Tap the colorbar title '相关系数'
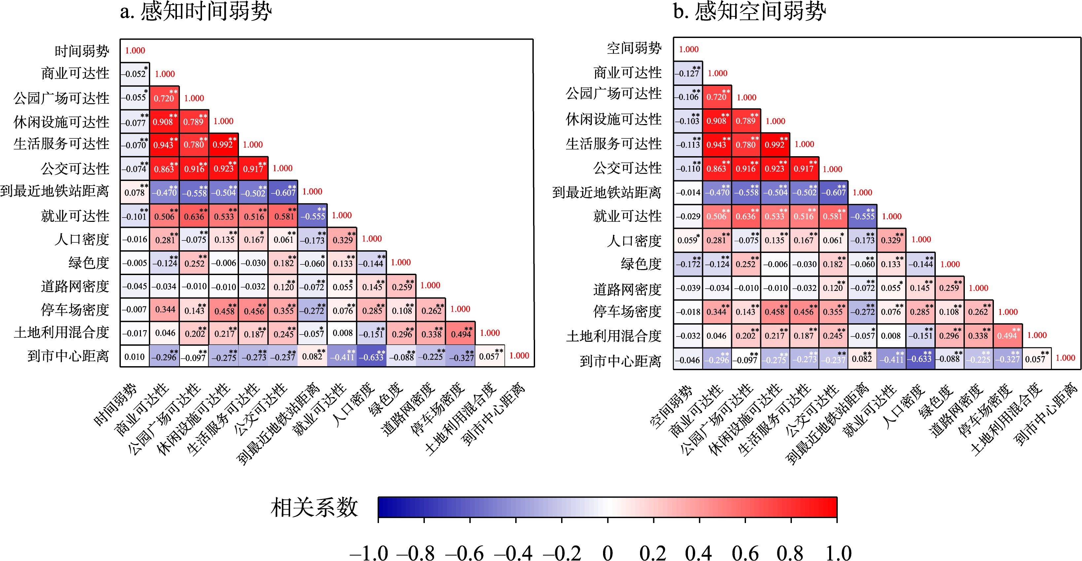pyautogui.click(x=314, y=508)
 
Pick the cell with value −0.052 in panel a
pyautogui.click(x=135, y=74)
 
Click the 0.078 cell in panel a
pyautogui.click(x=135, y=193)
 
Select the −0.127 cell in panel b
pyautogui.click(x=688, y=73)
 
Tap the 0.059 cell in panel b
pyautogui.click(x=688, y=240)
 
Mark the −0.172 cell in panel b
pyautogui.click(x=688, y=264)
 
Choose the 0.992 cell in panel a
pyautogui.click(x=223, y=145)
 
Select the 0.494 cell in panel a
pyautogui.click(x=461, y=333)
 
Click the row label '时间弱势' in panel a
pyautogui.click(x=82, y=51)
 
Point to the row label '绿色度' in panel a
pyautogui.click(x=89, y=263)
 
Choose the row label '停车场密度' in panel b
pyautogui.click(x=627, y=311)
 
